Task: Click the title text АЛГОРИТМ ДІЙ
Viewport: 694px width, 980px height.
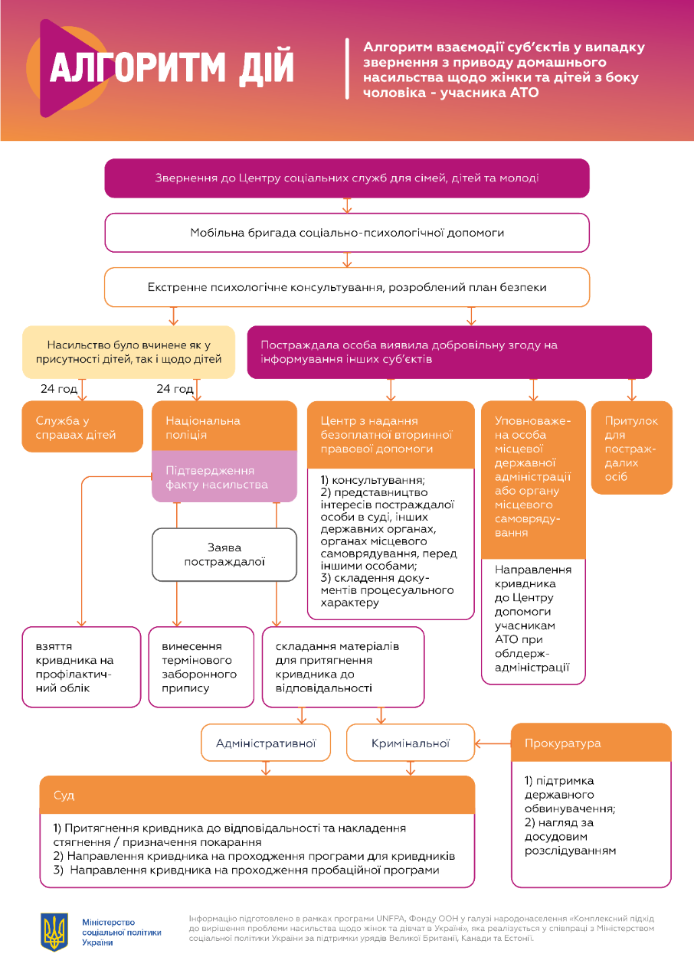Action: (x=172, y=68)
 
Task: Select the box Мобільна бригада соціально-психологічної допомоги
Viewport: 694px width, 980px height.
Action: (x=347, y=233)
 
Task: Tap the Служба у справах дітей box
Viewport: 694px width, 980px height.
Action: (x=83, y=427)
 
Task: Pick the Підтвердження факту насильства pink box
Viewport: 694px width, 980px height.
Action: (x=224, y=477)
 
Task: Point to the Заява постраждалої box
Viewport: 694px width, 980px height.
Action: (x=224, y=554)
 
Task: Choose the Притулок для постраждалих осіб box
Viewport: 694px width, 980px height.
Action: (x=631, y=448)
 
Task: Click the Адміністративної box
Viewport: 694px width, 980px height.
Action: (x=265, y=743)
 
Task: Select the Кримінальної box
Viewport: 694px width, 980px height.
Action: (x=411, y=743)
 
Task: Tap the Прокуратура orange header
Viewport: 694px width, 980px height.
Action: (x=591, y=743)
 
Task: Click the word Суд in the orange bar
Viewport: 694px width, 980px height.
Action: (x=64, y=795)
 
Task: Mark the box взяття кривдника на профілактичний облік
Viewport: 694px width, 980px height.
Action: (x=82, y=667)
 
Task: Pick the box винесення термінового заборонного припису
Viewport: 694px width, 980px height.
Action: (x=201, y=667)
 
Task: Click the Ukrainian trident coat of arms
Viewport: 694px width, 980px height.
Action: (x=54, y=930)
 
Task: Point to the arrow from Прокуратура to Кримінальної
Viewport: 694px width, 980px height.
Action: (x=493, y=743)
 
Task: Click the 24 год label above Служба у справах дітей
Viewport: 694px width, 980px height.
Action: (x=59, y=389)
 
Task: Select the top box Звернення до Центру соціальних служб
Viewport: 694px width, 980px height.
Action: (x=347, y=178)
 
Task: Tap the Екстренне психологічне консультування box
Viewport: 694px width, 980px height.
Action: (x=347, y=287)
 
